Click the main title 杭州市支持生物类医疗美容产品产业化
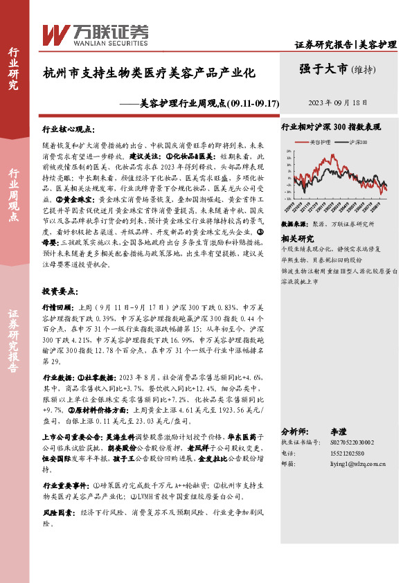[150, 72]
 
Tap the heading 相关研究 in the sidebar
[296, 237]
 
